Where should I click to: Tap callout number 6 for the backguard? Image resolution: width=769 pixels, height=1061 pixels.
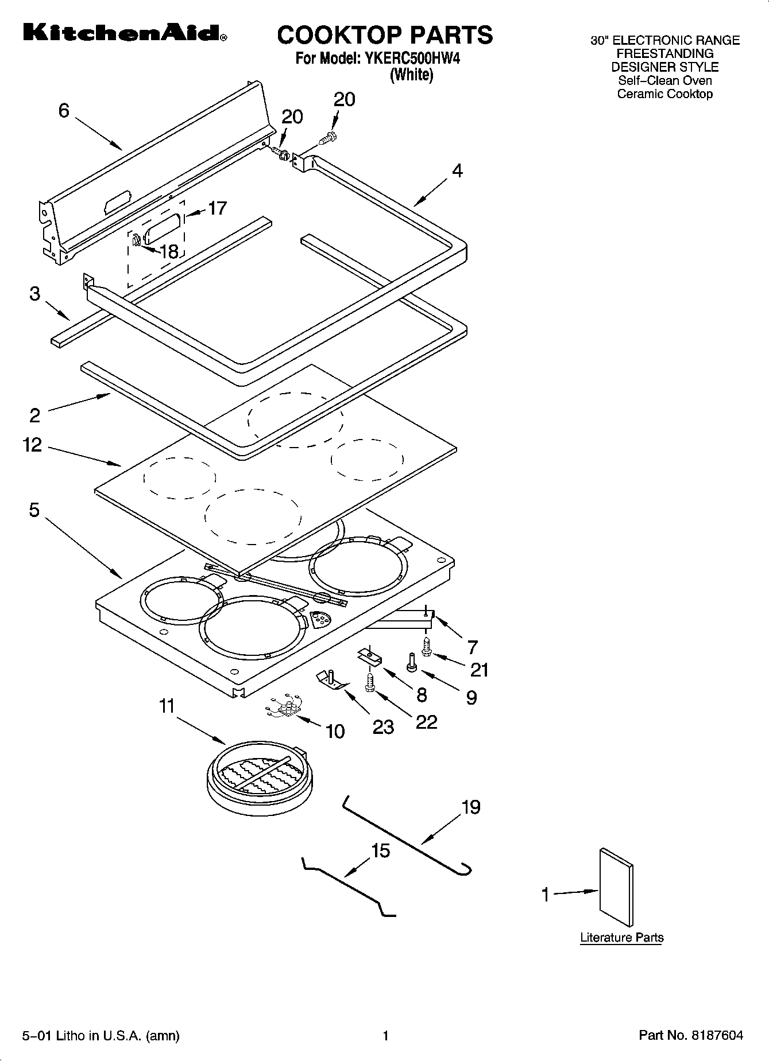pyautogui.click(x=64, y=110)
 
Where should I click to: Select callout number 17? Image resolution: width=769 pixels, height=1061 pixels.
pyautogui.click(x=217, y=208)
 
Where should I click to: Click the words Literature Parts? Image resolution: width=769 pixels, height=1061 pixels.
pyautogui.click(x=621, y=938)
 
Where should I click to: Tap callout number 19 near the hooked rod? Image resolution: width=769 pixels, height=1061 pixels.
pyautogui.click(x=470, y=807)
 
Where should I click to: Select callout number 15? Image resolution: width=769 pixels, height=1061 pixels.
pyautogui.click(x=380, y=850)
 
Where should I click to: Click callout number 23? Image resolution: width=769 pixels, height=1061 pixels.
pyautogui.click(x=383, y=726)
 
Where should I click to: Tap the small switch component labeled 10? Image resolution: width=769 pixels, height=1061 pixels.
pyautogui.click(x=285, y=709)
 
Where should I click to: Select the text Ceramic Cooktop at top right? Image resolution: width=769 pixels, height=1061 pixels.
pyautogui.click(x=664, y=94)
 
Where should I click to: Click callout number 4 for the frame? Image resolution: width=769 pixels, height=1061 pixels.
pyautogui.click(x=457, y=170)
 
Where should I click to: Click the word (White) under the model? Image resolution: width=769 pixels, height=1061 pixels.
pyautogui.click(x=411, y=75)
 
